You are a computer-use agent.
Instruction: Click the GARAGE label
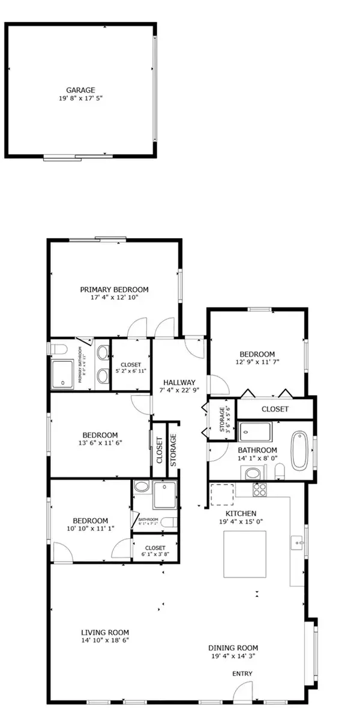click(81, 90)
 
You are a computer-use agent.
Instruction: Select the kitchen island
click(245, 555)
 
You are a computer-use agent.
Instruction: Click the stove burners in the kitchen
click(259, 490)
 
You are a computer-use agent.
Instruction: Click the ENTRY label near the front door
click(243, 674)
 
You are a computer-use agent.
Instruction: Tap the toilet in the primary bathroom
click(56, 350)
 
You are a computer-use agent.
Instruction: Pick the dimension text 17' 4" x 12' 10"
click(115, 297)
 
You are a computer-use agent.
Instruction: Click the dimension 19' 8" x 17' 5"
click(81, 98)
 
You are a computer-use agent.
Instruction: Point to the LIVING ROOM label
click(105, 632)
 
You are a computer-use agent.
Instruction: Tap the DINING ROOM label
click(233, 647)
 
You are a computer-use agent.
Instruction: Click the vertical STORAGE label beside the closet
click(173, 449)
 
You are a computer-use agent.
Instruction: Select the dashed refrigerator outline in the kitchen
click(221, 495)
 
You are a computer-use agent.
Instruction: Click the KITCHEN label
click(241, 514)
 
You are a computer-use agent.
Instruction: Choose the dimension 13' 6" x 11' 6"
click(100, 443)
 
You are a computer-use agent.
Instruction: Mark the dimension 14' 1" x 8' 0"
click(257, 458)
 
